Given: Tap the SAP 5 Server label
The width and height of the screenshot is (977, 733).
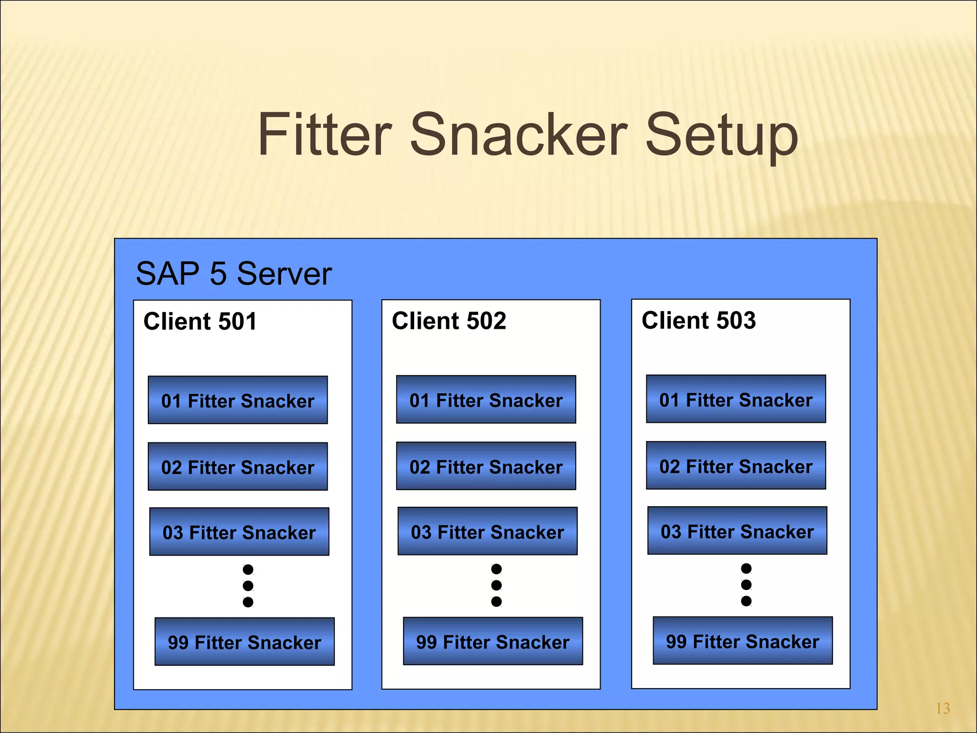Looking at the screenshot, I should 233,273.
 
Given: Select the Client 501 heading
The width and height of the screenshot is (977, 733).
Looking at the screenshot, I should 200,321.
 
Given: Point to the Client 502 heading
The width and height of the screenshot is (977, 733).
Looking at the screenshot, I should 449,321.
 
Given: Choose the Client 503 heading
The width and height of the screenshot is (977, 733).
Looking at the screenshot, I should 698,320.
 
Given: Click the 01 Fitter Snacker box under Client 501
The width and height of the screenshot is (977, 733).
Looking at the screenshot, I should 238,400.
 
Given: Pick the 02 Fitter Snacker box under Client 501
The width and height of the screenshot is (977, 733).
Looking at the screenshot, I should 238,467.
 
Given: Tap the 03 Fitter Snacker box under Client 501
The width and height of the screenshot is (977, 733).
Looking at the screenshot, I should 239,532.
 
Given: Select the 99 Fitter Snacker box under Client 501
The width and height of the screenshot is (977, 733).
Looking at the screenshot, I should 244,642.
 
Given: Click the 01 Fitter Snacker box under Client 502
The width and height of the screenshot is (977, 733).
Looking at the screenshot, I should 486,400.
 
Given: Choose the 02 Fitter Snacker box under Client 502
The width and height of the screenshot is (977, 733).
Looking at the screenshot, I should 486,466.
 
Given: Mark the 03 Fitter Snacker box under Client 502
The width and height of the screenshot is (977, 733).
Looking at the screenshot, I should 487,531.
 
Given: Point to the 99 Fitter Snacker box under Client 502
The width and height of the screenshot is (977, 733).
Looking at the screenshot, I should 493,641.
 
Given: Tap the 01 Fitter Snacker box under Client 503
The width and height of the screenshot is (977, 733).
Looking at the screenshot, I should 736,399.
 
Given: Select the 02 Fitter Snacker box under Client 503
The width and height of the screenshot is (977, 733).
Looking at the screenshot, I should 736,466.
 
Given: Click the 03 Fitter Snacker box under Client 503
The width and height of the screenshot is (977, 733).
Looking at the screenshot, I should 737,531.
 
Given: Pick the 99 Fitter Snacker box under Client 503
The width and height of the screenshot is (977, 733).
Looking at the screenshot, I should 742,641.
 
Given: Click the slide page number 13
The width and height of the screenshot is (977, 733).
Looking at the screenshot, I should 943,708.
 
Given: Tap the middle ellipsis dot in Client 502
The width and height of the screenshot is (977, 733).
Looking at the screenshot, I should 496,585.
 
